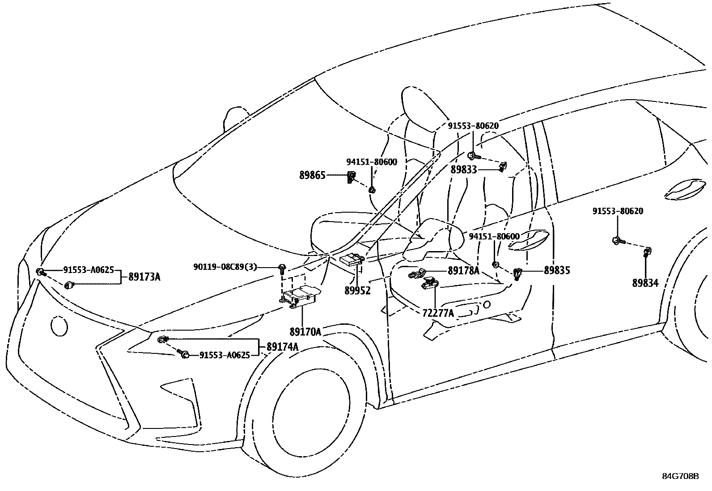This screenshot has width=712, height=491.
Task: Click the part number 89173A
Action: point(144,277)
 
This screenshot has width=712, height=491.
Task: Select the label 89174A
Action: point(282,346)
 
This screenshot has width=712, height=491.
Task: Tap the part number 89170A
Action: point(305,332)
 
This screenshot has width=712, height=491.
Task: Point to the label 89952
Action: point(357,290)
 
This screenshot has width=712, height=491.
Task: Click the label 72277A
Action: point(438,313)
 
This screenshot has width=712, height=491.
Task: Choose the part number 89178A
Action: point(463,270)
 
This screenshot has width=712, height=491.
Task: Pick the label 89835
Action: point(557,270)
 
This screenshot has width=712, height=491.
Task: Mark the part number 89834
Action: point(645,283)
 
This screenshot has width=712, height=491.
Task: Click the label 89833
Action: point(464,169)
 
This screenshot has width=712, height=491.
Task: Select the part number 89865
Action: point(312,176)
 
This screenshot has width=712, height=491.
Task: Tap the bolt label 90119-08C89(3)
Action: point(225,267)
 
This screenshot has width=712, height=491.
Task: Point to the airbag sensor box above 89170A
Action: point(299,296)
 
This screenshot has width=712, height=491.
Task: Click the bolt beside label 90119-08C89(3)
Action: point(282,268)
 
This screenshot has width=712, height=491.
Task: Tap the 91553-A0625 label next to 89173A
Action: point(89,270)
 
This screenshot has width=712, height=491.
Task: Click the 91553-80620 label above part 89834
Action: point(618,211)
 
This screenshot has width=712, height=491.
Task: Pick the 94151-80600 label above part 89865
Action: point(371,162)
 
